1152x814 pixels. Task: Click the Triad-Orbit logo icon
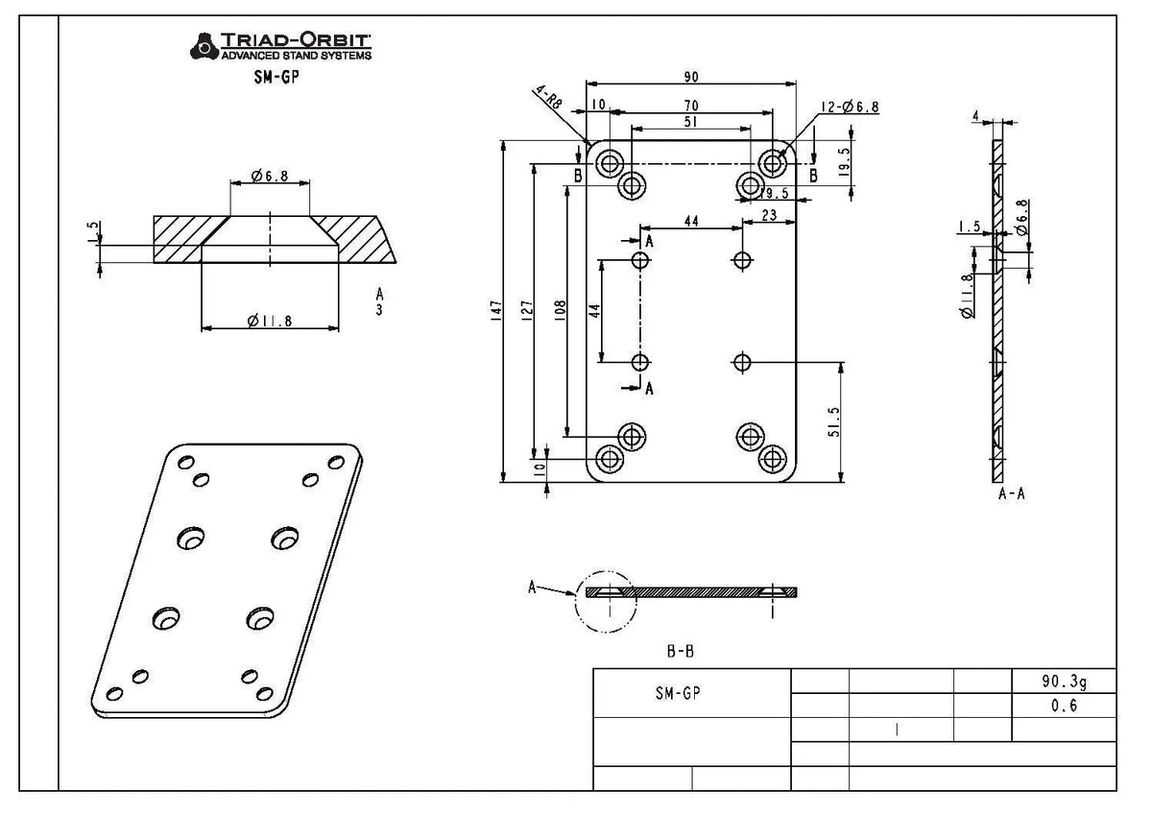pos(204,45)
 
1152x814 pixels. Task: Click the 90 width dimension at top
pos(691,77)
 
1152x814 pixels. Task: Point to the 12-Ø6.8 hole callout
pos(849,108)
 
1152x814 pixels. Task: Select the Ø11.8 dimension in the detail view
pos(270,321)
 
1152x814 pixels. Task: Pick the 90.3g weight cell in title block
pos(1064,681)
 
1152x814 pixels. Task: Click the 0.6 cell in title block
pos(1064,705)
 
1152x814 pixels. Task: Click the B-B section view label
pos(681,651)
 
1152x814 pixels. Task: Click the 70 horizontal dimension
pos(690,105)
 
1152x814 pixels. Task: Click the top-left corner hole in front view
pos(609,163)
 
